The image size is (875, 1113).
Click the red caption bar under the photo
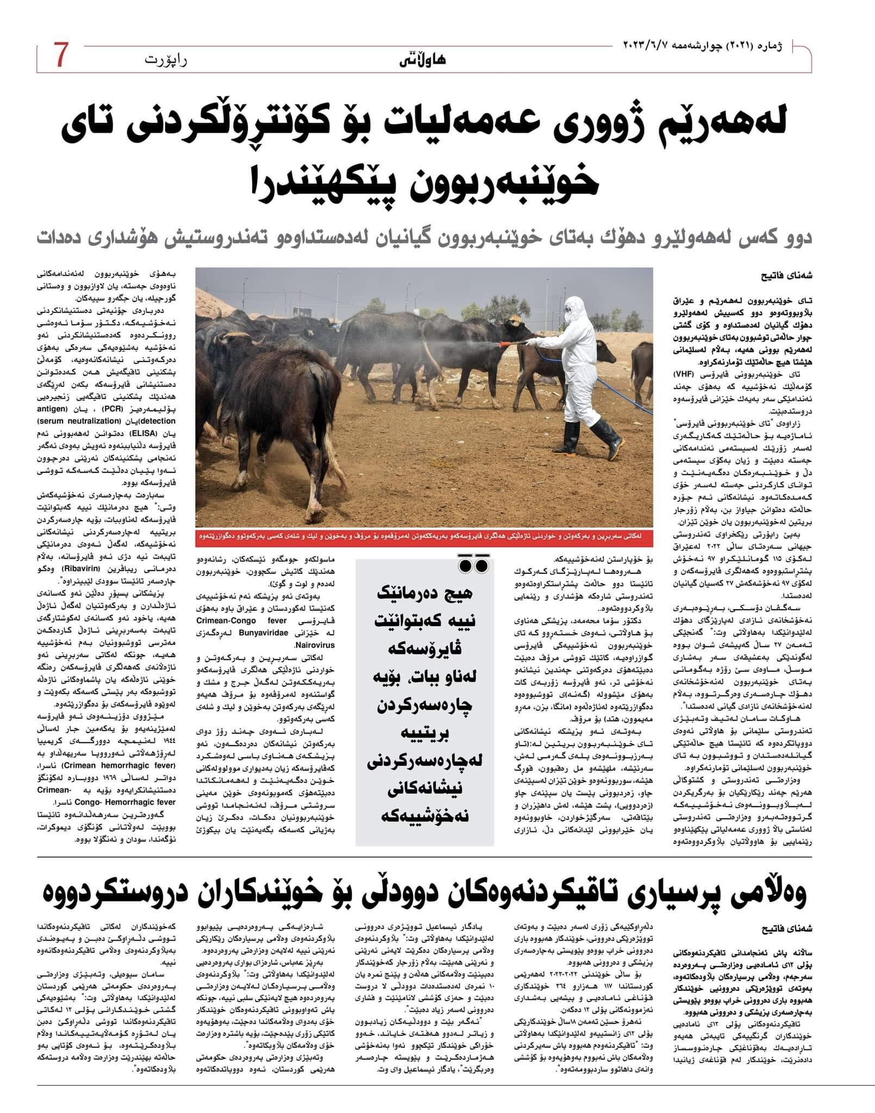pos(424,536)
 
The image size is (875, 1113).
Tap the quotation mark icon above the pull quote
pos(472,565)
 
